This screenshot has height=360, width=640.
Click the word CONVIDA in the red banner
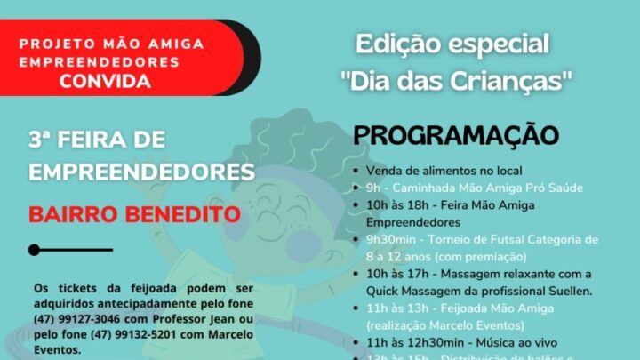[105, 82]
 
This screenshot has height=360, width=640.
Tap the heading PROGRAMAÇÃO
[456, 136]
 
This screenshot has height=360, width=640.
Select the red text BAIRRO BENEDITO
[134, 215]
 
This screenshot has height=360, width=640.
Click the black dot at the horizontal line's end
[35, 250]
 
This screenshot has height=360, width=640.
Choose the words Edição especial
[452, 43]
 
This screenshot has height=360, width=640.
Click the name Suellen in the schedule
[566, 291]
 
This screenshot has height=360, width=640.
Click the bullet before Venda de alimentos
[356, 171]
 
